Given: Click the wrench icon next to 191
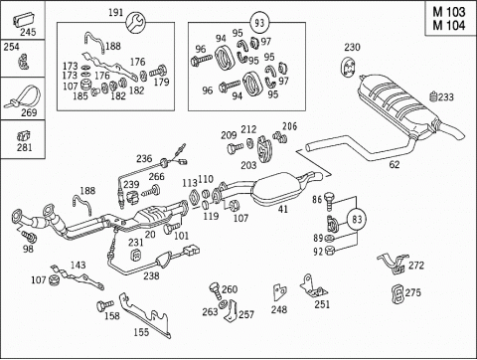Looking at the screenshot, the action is pos(136,23).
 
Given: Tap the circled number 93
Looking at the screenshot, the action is pos(259,23).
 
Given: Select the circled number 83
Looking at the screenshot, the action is pos(357,219).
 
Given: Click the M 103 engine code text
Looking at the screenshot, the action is pos(449,12).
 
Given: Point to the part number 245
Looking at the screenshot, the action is pos(28,32).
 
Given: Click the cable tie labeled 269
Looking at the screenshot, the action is pos(22,97).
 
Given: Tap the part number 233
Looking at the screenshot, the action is pos(446,97).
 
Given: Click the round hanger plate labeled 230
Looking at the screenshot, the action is pos(348,68).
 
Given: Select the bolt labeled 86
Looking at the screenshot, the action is pos(330,201).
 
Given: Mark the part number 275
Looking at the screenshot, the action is pos(413,292).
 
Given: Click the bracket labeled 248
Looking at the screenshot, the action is pos(279,291).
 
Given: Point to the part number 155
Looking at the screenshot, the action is pos(141,332).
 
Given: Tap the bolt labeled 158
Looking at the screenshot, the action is pos(104,305).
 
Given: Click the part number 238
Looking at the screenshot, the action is pos(151,275).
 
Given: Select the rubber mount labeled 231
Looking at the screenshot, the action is pos(136,256).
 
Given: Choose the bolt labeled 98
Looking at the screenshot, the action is pos(29,237).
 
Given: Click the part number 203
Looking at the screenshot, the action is pos(248,165).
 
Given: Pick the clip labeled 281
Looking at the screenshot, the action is pos(24,135).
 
